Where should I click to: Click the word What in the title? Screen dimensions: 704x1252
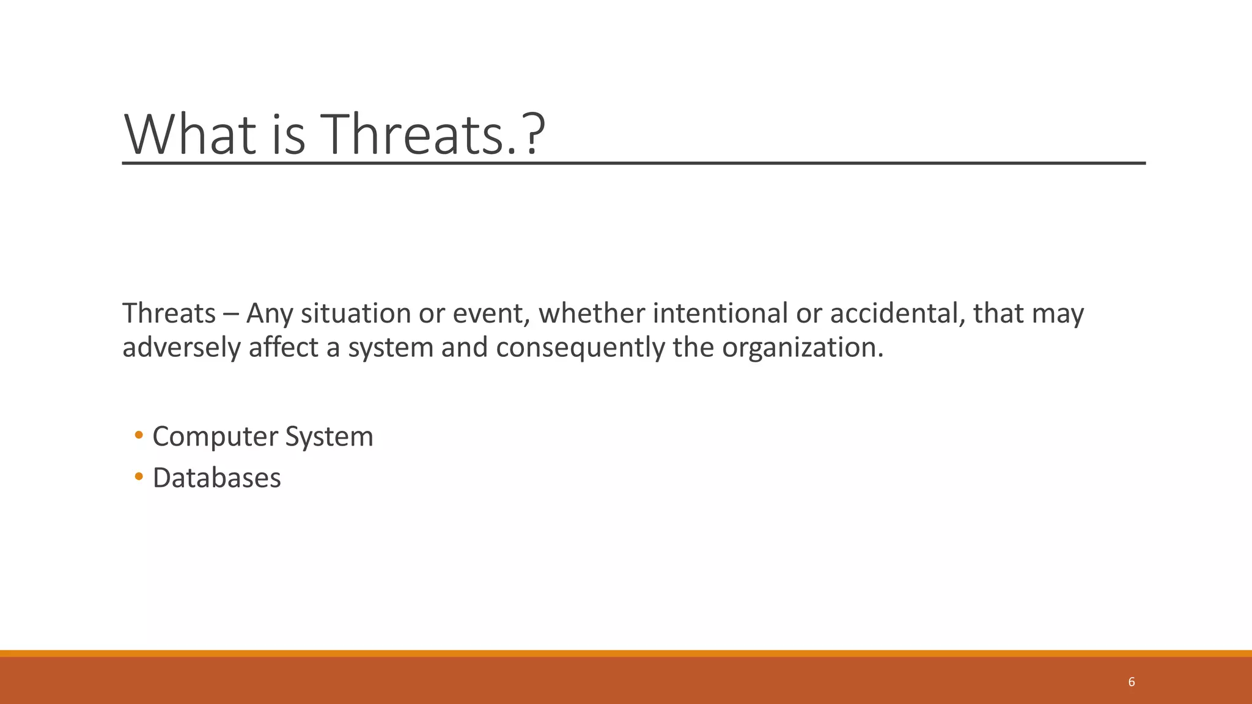[190, 134]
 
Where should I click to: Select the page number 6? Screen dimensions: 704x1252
[1132, 682]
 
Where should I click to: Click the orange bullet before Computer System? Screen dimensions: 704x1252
[139, 436]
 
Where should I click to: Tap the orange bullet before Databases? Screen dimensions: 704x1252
[139, 477]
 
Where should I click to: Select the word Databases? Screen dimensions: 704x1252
[216, 478]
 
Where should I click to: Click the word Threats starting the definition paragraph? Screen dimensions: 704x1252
[169, 313]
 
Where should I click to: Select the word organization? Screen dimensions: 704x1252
[802, 348]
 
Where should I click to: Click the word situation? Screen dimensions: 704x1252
[355, 313]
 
